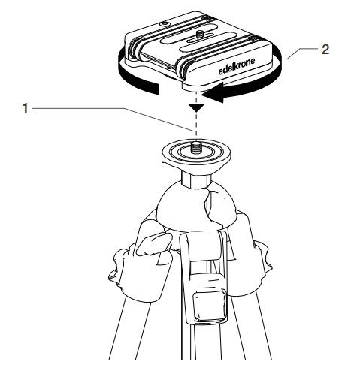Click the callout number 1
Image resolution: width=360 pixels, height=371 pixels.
tap(25, 108)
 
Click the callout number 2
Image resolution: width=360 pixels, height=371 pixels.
tap(325, 50)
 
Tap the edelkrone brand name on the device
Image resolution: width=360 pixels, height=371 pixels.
tap(237, 66)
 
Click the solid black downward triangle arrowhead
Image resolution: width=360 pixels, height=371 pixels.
tap(197, 108)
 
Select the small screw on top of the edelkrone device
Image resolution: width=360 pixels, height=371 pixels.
tap(199, 34)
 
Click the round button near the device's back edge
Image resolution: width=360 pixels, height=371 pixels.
tap(165, 24)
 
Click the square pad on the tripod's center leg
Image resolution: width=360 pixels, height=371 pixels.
tap(209, 304)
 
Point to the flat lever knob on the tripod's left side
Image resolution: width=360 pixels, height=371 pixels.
tap(154, 243)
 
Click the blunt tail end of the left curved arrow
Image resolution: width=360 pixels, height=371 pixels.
tap(156, 89)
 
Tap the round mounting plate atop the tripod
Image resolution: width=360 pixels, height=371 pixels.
tap(196, 153)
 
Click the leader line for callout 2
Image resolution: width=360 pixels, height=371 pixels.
tap(302, 53)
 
